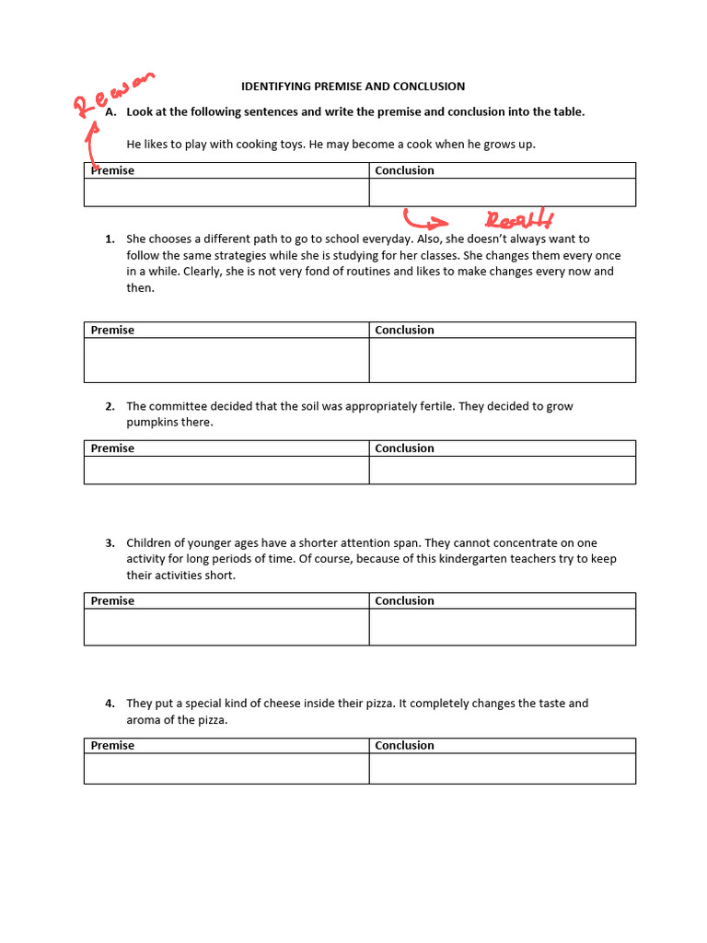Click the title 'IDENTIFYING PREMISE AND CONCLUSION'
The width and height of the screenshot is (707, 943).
(353, 87)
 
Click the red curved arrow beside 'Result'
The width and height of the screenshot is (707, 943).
(424, 219)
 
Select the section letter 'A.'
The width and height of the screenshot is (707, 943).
(110, 112)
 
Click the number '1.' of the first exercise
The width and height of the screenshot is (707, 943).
(110, 239)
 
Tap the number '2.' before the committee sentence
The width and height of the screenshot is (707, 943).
(110, 406)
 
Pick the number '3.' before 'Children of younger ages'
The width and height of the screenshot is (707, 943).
(110, 543)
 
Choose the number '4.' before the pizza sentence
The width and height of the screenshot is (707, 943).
(110, 704)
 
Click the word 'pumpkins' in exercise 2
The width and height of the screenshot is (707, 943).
(149, 423)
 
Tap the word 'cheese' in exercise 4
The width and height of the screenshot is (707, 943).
(283, 704)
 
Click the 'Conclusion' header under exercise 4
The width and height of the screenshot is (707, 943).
(404, 746)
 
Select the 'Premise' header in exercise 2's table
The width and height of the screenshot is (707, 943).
(112, 448)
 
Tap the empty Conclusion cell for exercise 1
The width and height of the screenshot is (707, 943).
(502, 360)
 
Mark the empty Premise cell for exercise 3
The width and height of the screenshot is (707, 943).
(226, 627)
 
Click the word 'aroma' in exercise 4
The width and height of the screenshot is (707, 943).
(143, 720)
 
